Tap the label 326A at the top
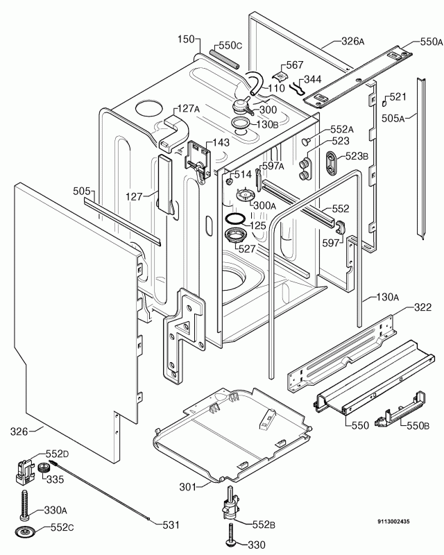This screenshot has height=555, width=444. coord(352,41)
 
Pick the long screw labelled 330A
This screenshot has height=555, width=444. coord(25,504)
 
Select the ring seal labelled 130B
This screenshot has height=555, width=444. coord(242,124)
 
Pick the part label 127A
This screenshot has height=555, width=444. coord(188,108)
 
